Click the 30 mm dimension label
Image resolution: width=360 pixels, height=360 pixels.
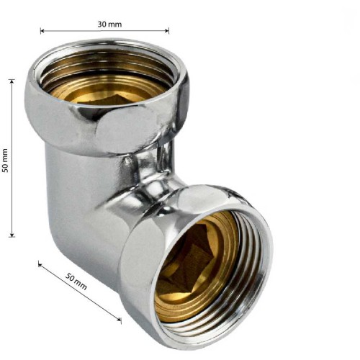(x=109, y=24)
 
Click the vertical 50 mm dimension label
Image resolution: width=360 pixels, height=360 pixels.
(x=5, y=161)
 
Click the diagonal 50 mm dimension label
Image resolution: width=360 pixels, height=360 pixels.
(x=76, y=282)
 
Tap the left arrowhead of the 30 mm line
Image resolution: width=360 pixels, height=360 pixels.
(x=42, y=31)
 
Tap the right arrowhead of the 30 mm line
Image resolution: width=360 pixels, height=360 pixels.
(x=167, y=31)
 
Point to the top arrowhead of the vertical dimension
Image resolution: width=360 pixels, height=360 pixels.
(x=12, y=81)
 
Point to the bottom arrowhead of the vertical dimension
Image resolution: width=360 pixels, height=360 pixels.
(x=12, y=235)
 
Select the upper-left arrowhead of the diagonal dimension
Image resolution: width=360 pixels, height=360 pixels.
(x=40, y=264)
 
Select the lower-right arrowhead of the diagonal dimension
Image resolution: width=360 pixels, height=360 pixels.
(x=119, y=319)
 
